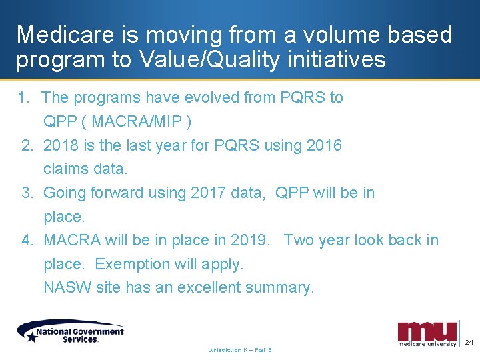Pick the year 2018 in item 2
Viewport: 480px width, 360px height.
(61, 145)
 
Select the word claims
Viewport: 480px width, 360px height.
(65, 169)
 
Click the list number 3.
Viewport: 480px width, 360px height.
(27, 193)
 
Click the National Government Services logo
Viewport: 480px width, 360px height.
(71, 331)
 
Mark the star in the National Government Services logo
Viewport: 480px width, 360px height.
(31, 337)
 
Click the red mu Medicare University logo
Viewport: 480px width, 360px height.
(427, 333)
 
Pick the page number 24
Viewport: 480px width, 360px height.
(469, 342)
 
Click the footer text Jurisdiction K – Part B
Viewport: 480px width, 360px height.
(240, 349)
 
